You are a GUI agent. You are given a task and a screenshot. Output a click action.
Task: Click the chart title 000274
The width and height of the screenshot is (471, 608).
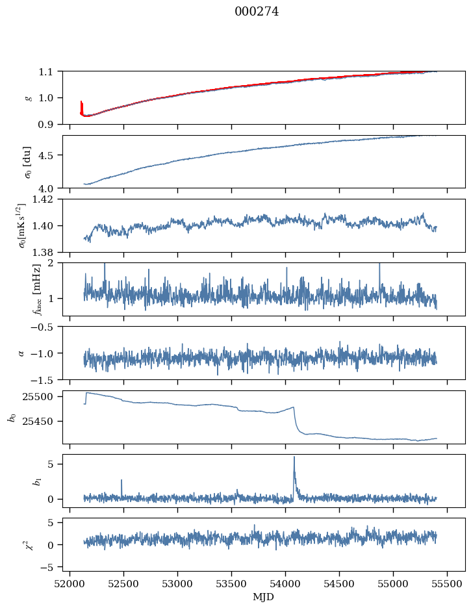click(x=257, y=12)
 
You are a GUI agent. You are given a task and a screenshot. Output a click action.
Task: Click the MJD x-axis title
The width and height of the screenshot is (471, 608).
click(x=263, y=597)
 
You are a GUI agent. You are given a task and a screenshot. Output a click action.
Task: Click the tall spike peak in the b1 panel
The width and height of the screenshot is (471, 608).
click(x=294, y=457)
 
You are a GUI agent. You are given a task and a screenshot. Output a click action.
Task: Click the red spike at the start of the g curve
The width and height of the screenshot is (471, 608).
click(x=81, y=104)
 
